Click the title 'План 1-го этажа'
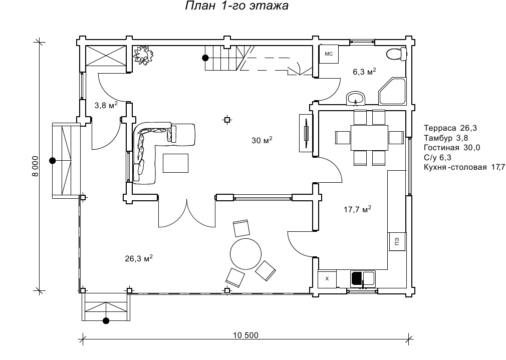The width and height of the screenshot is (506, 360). click(236, 6)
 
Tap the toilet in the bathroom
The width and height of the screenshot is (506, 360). click(396, 54)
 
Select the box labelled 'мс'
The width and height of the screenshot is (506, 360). click(329, 54)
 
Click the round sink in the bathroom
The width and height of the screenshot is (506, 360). click(356, 98)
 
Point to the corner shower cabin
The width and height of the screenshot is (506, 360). click(392, 91)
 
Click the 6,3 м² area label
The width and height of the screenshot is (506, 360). click(364, 72)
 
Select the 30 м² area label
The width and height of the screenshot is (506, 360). click(262, 140)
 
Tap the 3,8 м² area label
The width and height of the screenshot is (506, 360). click(106, 105)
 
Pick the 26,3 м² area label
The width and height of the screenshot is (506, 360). click(139, 258)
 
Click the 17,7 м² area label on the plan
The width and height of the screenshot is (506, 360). click(358, 209)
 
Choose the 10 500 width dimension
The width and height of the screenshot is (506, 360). click(245, 335)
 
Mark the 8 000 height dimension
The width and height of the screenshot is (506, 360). click(35, 166)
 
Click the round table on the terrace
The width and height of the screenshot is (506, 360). click(245, 254)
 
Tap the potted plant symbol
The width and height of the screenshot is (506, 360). click(143, 55)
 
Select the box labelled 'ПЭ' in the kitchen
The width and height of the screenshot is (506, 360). click(397, 241)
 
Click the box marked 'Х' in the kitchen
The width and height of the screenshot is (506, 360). click(327, 279)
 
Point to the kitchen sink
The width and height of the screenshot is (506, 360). click(363, 279)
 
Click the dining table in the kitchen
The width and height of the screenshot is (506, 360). click(370, 138)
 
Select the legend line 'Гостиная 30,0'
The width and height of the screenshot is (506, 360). click(452, 148)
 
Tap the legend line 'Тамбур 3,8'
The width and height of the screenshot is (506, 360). click(446, 138)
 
